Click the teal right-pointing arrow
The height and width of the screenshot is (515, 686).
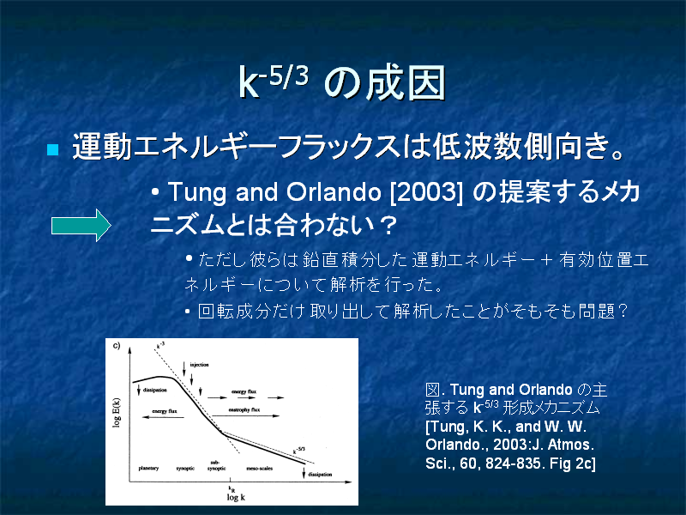[x=81, y=225]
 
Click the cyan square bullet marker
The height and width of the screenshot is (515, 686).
[x=52, y=149]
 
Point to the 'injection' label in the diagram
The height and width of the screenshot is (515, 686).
[x=200, y=364]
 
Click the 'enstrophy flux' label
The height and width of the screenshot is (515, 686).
[x=244, y=409]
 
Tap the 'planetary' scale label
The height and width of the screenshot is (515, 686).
[x=148, y=468]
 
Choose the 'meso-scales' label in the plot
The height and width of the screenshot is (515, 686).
[x=260, y=468]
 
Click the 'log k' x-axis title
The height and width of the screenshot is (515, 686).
[x=236, y=497]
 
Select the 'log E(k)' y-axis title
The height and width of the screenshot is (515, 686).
[x=117, y=413]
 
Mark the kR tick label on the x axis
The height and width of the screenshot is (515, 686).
[x=232, y=488]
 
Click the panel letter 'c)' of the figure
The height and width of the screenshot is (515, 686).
[x=117, y=346]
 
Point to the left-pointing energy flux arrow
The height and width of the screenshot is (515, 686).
[x=163, y=417]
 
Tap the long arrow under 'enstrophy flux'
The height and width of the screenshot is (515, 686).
[x=245, y=415]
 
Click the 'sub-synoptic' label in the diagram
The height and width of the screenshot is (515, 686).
[x=217, y=465]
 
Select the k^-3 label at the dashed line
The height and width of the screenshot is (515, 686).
[x=160, y=346]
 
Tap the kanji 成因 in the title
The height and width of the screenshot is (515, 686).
[x=406, y=82]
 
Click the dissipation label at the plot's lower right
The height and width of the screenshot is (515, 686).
[x=320, y=475]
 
